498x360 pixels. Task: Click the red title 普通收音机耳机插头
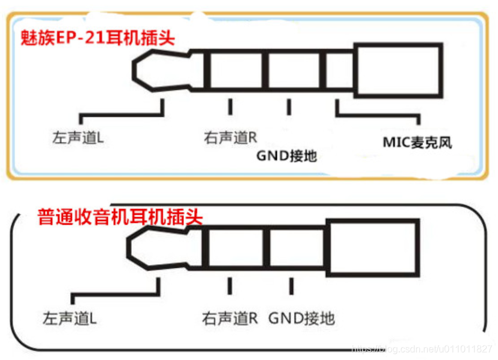[x=120, y=216]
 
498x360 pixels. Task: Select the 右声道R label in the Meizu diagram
[x=231, y=138]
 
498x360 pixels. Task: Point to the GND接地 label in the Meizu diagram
[x=286, y=156]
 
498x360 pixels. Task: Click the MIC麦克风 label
[x=418, y=143]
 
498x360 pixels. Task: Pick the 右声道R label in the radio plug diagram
[x=230, y=318]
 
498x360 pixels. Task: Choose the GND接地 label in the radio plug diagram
[x=301, y=318]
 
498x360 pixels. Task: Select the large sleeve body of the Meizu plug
[x=399, y=70]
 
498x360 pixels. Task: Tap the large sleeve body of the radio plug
[x=372, y=247]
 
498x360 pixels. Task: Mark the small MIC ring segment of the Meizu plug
[x=339, y=71]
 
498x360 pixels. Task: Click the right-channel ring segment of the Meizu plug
[x=233, y=71]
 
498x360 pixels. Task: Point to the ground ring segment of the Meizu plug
[x=294, y=71]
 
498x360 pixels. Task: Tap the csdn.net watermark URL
[x=422, y=349]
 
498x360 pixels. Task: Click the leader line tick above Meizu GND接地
[x=289, y=107]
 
